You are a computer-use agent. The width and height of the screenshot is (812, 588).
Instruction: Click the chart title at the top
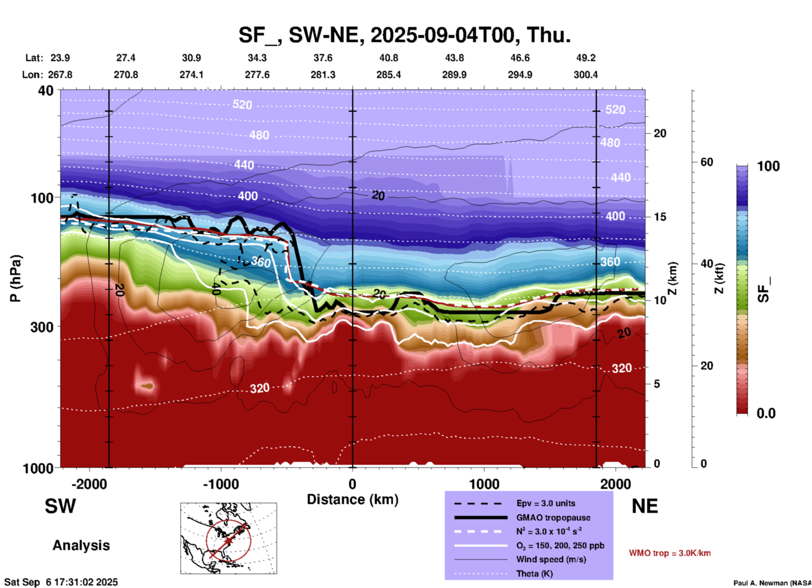[x=405, y=35]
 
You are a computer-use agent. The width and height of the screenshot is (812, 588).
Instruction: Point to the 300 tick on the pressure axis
[x=42, y=327]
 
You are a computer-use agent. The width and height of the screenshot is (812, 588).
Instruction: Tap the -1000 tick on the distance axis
[x=220, y=484]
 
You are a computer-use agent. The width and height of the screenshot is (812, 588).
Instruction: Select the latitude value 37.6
[x=323, y=58]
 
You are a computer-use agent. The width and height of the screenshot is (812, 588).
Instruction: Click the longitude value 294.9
[x=519, y=75]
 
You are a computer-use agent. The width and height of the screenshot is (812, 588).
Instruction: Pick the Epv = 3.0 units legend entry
[x=546, y=503]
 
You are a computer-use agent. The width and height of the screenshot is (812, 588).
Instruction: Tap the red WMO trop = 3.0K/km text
[x=669, y=553]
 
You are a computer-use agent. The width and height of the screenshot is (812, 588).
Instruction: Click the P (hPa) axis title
[x=16, y=278]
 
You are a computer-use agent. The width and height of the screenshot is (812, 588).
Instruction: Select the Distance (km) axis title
[x=352, y=499]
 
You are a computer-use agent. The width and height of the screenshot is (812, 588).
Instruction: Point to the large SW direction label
[x=60, y=506]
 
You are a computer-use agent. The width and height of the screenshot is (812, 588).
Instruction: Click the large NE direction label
[x=645, y=506]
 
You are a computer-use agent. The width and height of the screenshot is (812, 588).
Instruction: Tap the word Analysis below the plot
[x=81, y=545]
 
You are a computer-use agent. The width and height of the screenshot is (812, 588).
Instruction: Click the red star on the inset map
[x=228, y=541]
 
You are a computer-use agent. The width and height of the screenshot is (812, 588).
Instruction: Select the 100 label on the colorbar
[x=768, y=166]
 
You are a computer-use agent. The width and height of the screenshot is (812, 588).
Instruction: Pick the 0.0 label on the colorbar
[x=766, y=413]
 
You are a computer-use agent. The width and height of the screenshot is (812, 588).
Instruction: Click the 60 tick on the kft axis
[x=707, y=162]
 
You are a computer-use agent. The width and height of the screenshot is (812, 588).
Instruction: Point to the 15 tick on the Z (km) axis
[x=660, y=217]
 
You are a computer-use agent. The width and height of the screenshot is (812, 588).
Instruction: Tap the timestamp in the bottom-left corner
[x=61, y=582]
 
